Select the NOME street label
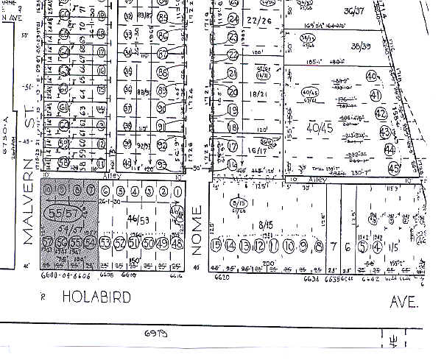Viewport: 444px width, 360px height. tap(197, 230)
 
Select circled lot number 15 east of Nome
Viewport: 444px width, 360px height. tap(216, 244)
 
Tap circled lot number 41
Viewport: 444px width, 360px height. tap(376, 95)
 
